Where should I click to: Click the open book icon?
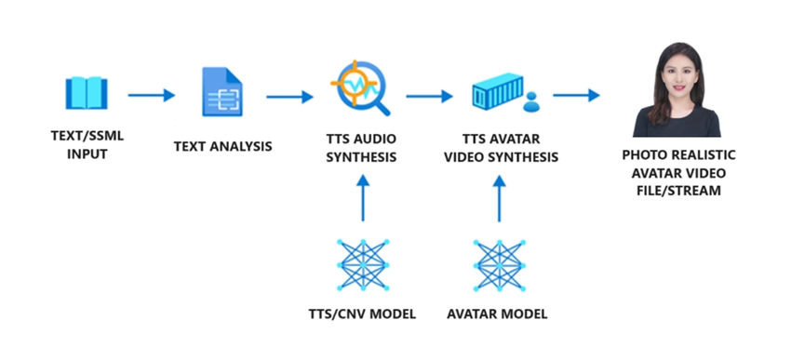[87, 94]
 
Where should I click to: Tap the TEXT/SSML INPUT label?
[87, 145]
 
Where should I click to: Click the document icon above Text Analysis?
[221, 92]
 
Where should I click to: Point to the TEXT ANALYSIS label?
[222, 146]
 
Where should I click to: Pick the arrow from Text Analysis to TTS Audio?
[289, 95]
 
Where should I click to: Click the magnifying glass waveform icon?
[361, 90]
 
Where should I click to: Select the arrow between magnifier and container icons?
[429, 95]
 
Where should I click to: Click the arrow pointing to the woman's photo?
[576, 95]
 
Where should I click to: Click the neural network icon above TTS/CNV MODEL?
[362, 265]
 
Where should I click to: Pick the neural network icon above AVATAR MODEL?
[500, 265]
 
